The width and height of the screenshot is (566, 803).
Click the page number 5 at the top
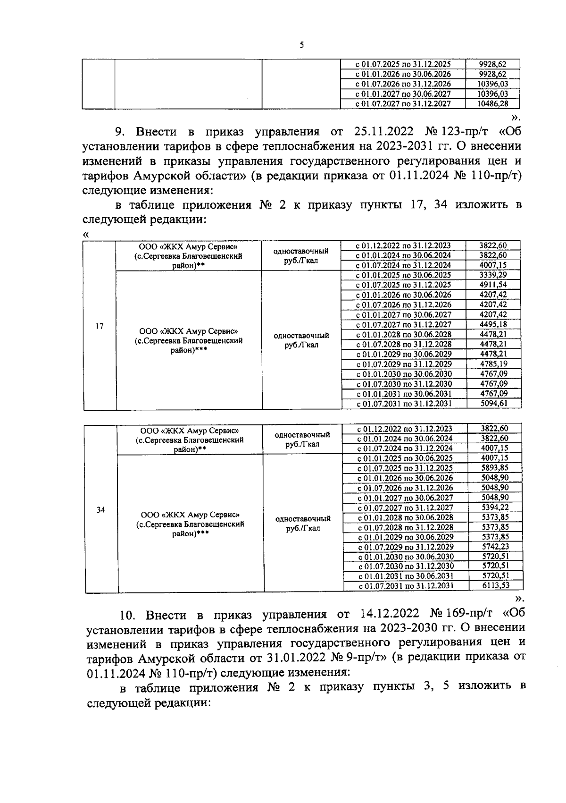[301, 45]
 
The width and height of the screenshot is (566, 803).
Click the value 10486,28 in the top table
[492, 104]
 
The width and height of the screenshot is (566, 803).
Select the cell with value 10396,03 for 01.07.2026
[492, 84]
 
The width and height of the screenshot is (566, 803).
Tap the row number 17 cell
[100, 326]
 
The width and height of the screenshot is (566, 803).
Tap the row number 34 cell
[101, 509]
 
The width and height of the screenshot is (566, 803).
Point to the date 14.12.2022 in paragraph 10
[388, 614]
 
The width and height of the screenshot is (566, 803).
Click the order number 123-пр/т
[456, 131]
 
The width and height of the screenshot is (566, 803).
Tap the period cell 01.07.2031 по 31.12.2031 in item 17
[404, 404]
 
